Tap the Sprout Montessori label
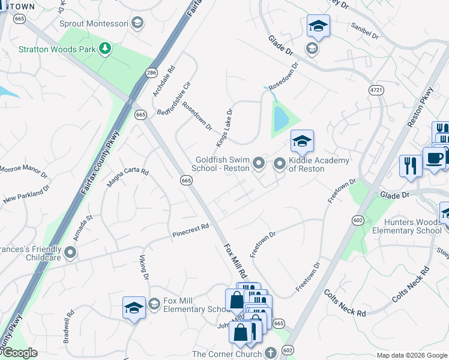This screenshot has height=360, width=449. coord(94,23)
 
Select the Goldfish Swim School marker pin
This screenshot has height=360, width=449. coord(259,163)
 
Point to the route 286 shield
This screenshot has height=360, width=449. coord(151,73)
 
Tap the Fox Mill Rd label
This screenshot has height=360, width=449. coord(235,259)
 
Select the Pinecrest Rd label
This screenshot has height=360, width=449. coord(191,228)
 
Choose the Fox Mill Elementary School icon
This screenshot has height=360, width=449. coord(154,305)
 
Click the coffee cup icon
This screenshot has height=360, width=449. coord(434,158)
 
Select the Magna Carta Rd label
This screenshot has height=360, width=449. coord(127,178)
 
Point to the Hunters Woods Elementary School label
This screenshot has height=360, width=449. coord(406,226)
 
